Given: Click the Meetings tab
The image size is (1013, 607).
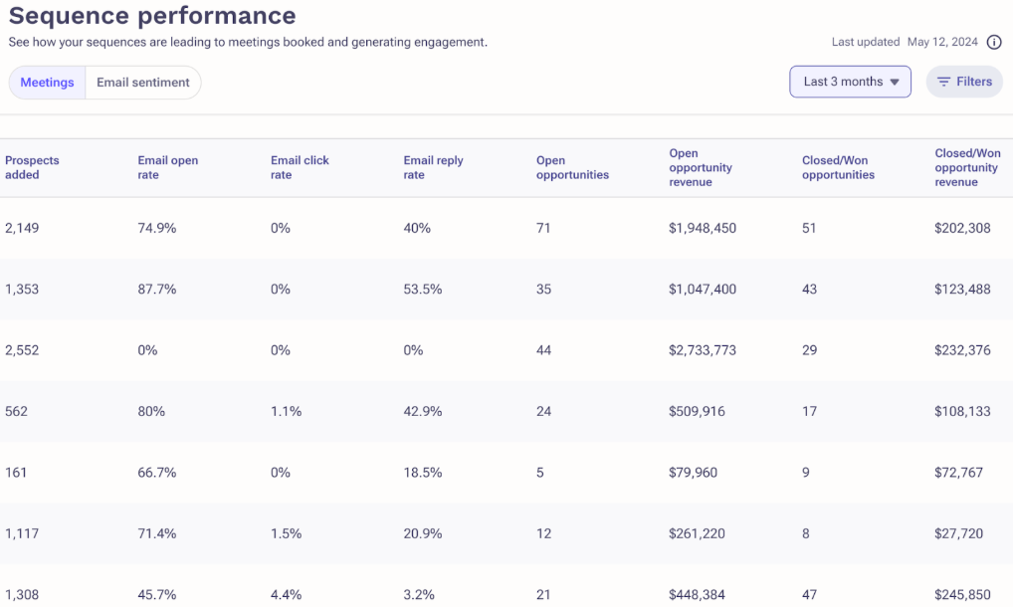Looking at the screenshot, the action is [47, 83].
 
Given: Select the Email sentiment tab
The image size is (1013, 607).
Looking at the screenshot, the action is [142, 83].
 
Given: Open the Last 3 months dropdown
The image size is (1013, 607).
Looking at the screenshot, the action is [850, 82].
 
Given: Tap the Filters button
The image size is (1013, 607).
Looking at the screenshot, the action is [964, 82].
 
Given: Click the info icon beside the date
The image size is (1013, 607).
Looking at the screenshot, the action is [994, 42].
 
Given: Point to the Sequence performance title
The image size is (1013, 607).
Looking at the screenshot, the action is [152, 16].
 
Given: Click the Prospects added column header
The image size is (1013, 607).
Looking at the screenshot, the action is [32, 167].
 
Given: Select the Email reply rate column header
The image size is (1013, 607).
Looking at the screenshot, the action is [434, 167].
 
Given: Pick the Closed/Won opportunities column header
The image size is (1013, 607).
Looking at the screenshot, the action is [838, 167].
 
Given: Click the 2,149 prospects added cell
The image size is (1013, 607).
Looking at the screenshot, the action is [22, 228].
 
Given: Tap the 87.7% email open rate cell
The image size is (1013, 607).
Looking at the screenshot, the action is [157, 290].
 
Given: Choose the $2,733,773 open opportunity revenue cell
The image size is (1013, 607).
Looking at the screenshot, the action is [703, 350].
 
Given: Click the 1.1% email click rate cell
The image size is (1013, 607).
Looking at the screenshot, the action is [287, 411].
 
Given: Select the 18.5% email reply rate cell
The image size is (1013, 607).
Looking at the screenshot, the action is [423, 473].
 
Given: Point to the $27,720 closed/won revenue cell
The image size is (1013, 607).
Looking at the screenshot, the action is [958, 534].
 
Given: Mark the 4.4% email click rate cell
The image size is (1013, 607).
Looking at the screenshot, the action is [287, 595].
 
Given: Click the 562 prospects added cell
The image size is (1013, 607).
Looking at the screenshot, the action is [16, 411].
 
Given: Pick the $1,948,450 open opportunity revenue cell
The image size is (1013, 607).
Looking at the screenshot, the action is [703, 228].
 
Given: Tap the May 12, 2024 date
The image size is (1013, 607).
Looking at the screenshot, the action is [942, 42].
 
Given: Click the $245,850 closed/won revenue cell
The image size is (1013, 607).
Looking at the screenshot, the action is [962, 595].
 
